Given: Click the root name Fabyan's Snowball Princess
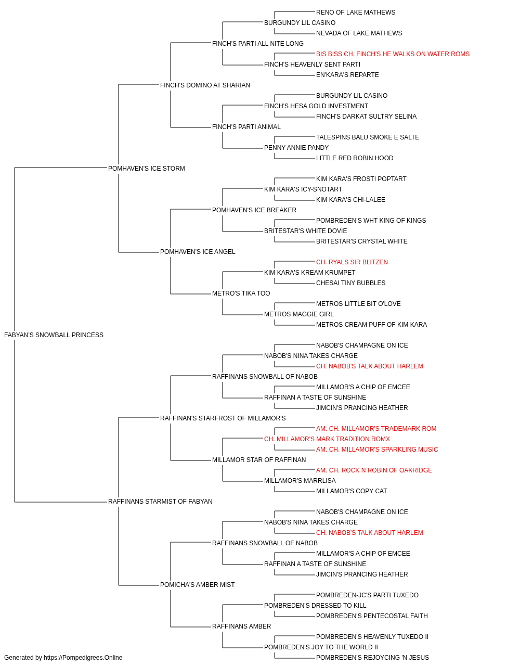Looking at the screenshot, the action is (54, 335).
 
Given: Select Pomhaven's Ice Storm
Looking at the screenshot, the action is (147, 169).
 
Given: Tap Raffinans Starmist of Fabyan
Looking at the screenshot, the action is (160, 502).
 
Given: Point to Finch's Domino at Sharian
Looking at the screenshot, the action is (205, 85).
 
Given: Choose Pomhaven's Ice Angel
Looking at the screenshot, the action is (198, 252).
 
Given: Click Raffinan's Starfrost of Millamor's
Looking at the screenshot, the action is (223, 418).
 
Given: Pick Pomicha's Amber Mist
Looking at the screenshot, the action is (197, 584).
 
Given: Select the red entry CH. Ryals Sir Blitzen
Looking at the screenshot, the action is (352, 262).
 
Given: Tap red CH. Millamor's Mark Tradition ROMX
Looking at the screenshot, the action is (327, 439).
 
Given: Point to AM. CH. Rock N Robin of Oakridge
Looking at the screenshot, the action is (374, 470).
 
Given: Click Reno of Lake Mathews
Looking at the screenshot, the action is (356, 12).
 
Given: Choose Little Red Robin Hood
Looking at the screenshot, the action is (355, 158).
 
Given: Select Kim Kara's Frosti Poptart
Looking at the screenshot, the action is (361, 178).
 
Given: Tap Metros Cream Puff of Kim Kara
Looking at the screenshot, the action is (371, 325).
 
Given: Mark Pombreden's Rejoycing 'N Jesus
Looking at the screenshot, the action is (372, 658).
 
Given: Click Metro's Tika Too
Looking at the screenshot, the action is (241, 293).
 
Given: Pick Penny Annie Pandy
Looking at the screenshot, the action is (296, 148).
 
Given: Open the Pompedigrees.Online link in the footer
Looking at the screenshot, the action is (83, 658).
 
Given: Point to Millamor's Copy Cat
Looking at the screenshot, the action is (352, 491).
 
